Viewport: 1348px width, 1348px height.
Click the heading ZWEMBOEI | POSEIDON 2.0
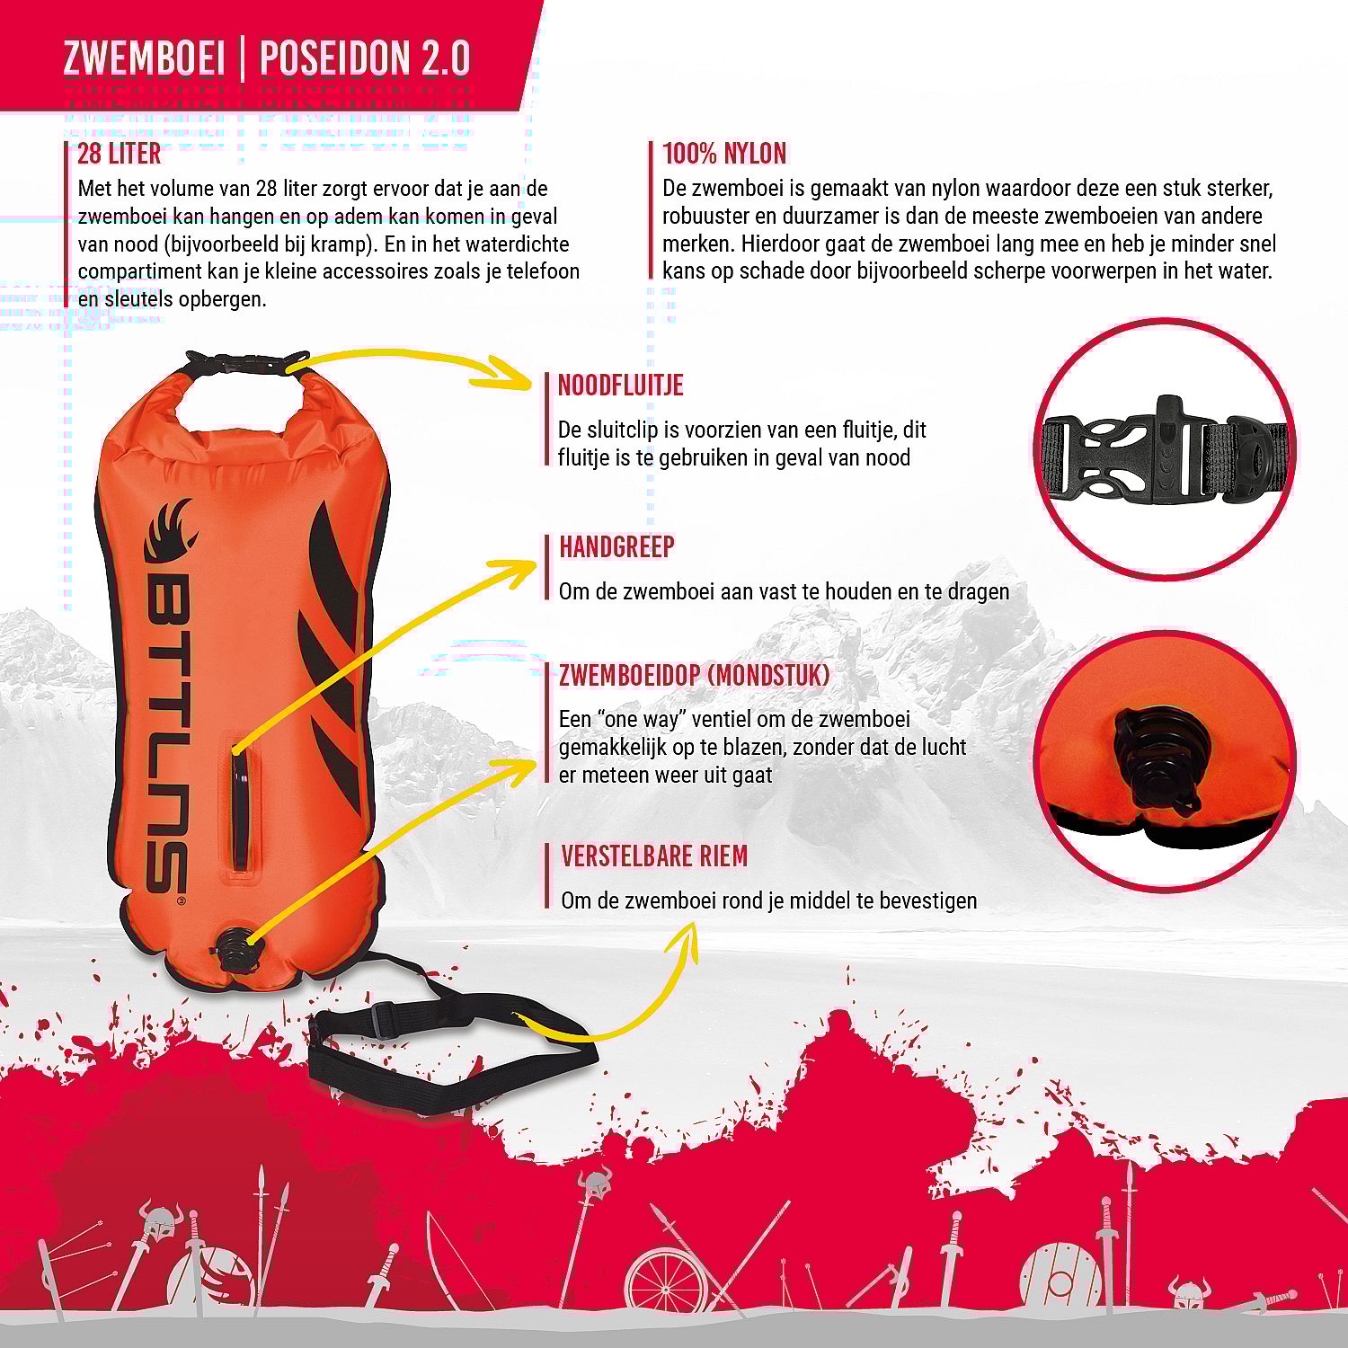click(x=267, y=58)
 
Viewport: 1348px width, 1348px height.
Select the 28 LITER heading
click(x=119, y=154)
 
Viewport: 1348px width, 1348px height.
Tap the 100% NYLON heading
click(x=724, y=154)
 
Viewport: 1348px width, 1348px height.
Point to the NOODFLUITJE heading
click(x=620, y=386)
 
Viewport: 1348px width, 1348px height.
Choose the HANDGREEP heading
click(x=616, y=546)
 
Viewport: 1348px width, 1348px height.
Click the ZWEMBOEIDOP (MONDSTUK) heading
click(x=694, y=676)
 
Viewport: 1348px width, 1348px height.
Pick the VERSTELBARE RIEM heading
click(x=654, y=856)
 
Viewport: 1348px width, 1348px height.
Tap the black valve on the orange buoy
click(x=234, y=948)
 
